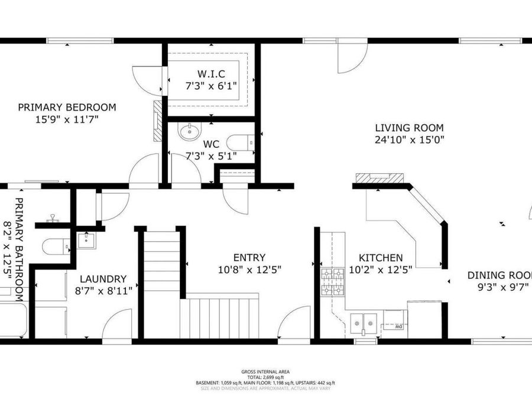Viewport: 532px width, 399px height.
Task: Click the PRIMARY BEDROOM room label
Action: coord(67,108)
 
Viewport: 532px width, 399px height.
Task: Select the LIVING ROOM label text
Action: coord(409,128)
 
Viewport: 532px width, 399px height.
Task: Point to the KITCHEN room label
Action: coord(382,258)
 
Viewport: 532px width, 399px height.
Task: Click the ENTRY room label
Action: coord(249,258)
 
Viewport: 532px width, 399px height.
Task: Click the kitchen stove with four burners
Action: coord(332,283)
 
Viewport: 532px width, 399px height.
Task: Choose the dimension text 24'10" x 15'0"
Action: coord(409,140)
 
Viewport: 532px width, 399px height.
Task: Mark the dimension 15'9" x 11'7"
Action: coord(67,119)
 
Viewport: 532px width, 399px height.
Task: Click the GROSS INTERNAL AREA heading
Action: coord(265,372)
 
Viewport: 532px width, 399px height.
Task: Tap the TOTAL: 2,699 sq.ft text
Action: coord(265,377)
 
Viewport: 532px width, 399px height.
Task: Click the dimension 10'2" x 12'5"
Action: coord(382,270)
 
